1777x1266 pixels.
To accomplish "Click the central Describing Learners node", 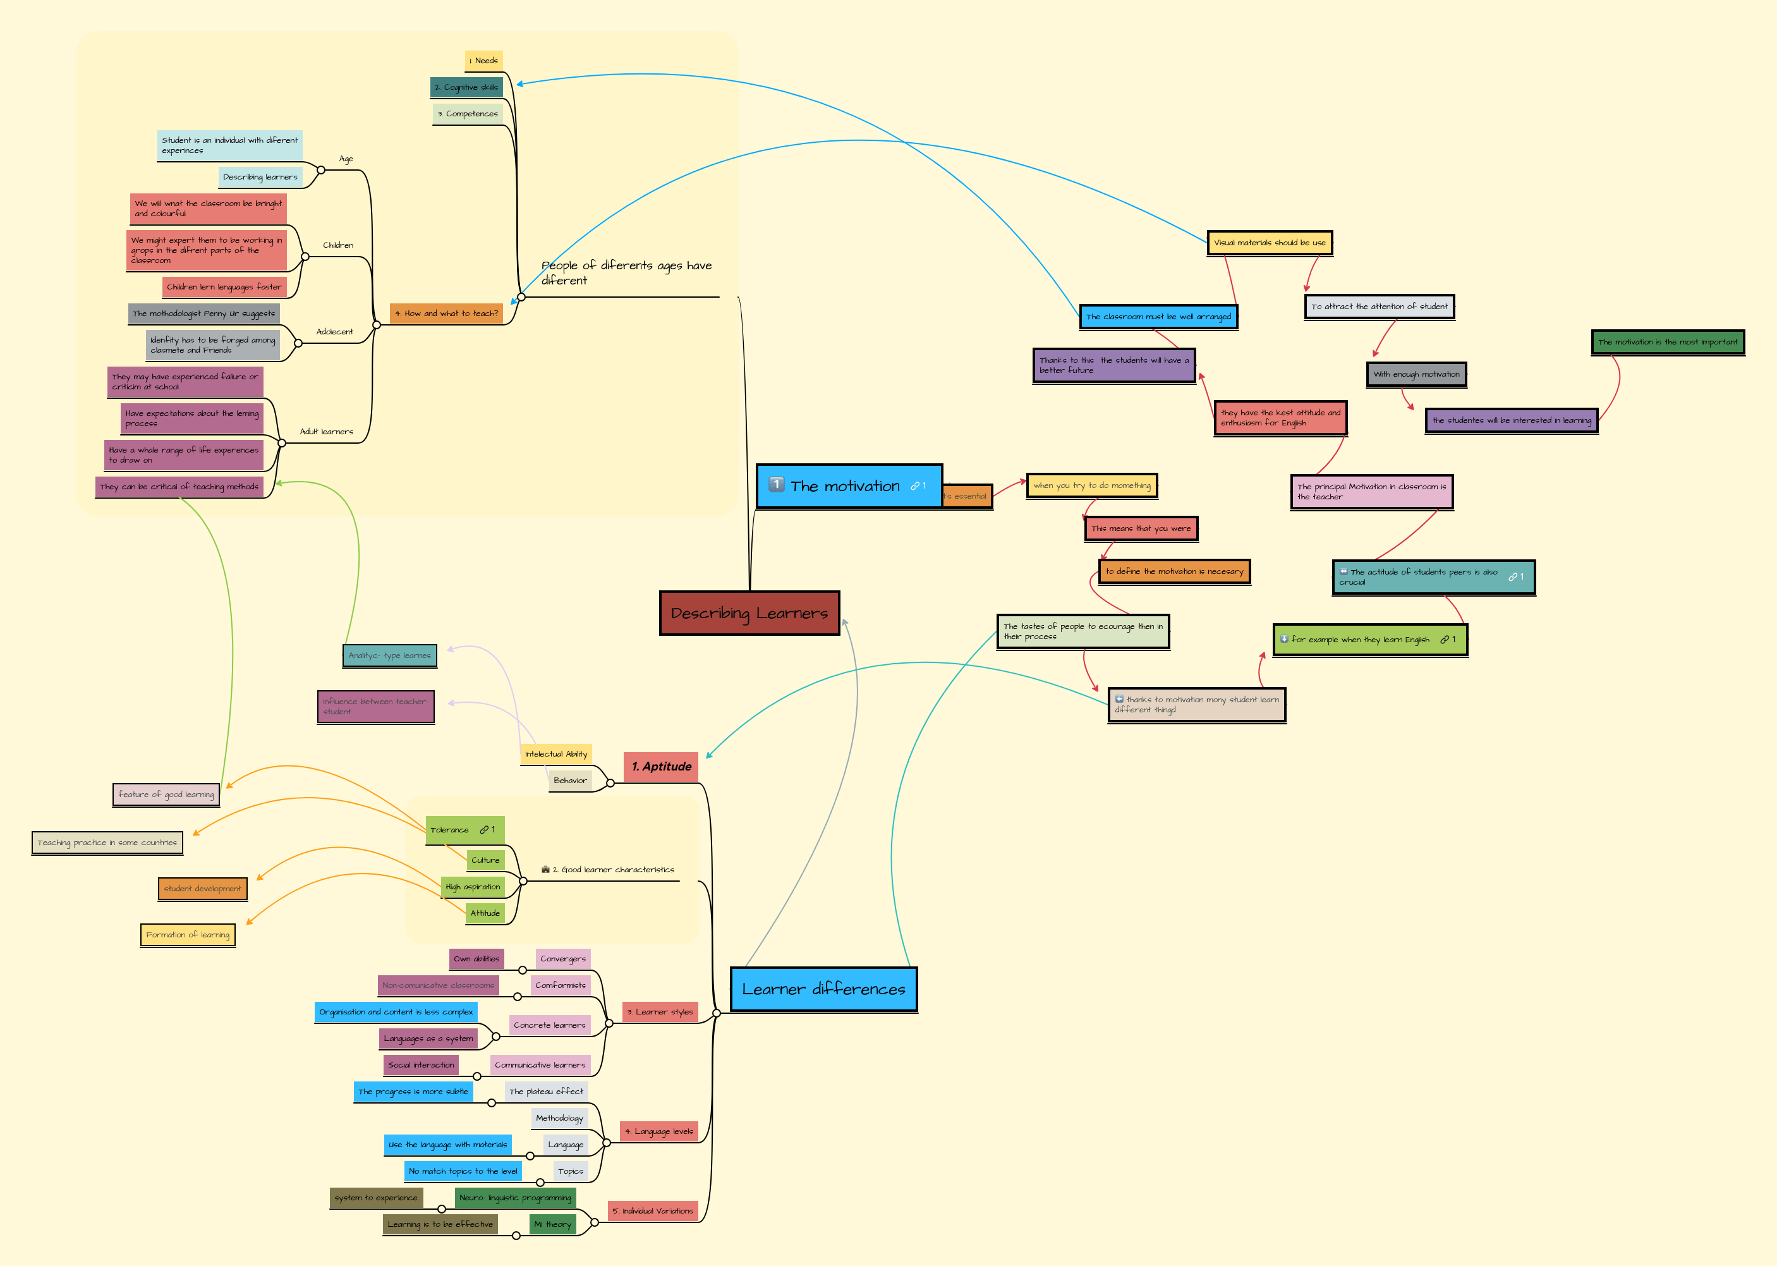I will tap(749, 614).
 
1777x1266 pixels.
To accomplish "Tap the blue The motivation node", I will tap(848, 485).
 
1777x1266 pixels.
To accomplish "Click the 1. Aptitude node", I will tap(661, 766).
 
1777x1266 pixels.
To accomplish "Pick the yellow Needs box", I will tap(484, 61).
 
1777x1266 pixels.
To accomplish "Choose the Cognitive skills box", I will tap(466, 87).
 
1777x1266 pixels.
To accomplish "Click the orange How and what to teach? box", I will tap(446, 313).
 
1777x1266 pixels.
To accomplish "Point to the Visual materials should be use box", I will tap(1269, 243).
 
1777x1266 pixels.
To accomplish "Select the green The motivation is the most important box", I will tap(1667, 341).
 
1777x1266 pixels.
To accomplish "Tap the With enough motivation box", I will tap(1416, 374).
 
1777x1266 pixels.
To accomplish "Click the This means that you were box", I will tap(1140, 528).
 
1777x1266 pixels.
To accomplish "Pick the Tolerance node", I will tap(450, 829).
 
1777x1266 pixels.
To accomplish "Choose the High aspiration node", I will tap(472, 886).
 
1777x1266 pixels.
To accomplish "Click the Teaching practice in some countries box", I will tap(107, 843).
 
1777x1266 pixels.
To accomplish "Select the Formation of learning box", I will tap(188, 935).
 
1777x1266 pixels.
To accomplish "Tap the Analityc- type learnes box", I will tap(390, 655).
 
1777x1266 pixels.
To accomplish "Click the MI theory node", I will tap(552, 1224).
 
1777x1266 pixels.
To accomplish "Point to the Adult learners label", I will tap(326, 431).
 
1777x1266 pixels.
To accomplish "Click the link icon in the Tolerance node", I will tap(483, 829).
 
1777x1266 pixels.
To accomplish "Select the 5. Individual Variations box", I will tap(652, 1210).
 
